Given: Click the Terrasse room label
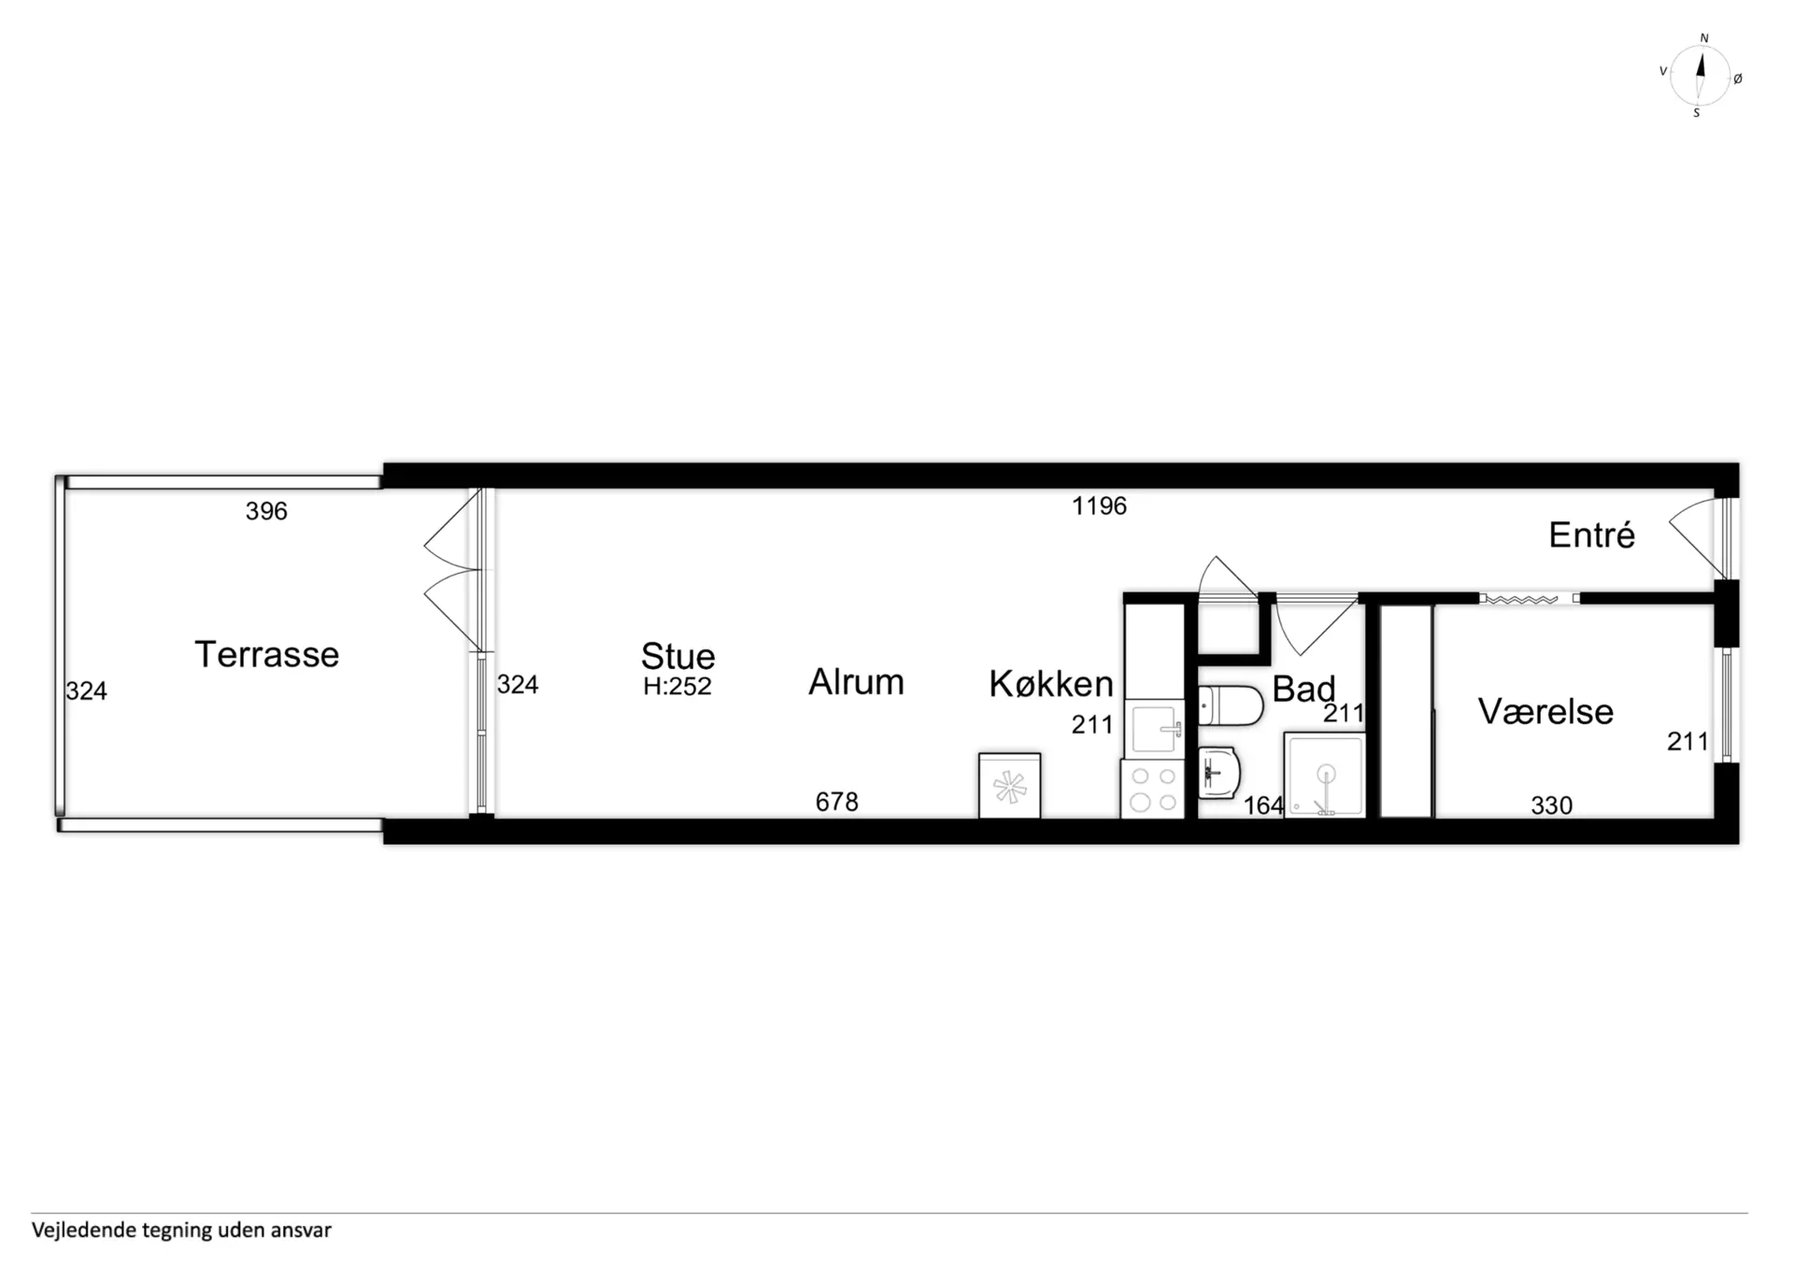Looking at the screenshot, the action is [266, 654].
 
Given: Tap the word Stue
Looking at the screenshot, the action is [678, 656].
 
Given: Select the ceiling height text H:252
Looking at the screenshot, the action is [677, 686].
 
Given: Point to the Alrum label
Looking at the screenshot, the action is [856, 682].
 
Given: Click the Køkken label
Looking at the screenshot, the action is [1051, 683].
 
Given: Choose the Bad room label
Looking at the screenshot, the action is [1303, 689].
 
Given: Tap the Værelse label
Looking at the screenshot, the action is [1545, 711].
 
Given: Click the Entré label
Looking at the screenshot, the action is [1592, 534].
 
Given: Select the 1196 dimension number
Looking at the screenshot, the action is [1099, 506].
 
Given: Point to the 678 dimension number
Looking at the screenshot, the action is [836, 802].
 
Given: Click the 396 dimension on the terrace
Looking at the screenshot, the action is [266, 511].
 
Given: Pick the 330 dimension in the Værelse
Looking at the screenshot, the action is [1551, 805].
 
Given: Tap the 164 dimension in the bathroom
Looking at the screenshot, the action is [1263, 805].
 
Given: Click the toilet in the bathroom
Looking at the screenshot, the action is [1231, 705].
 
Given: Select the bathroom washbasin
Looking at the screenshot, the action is [1218, 773].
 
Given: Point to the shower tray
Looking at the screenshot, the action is [1325, 775].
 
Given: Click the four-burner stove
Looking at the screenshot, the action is [1153, 789].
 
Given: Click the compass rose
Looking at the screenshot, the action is [1700, 75].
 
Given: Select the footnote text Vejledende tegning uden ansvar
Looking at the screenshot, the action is [181, 1230].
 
